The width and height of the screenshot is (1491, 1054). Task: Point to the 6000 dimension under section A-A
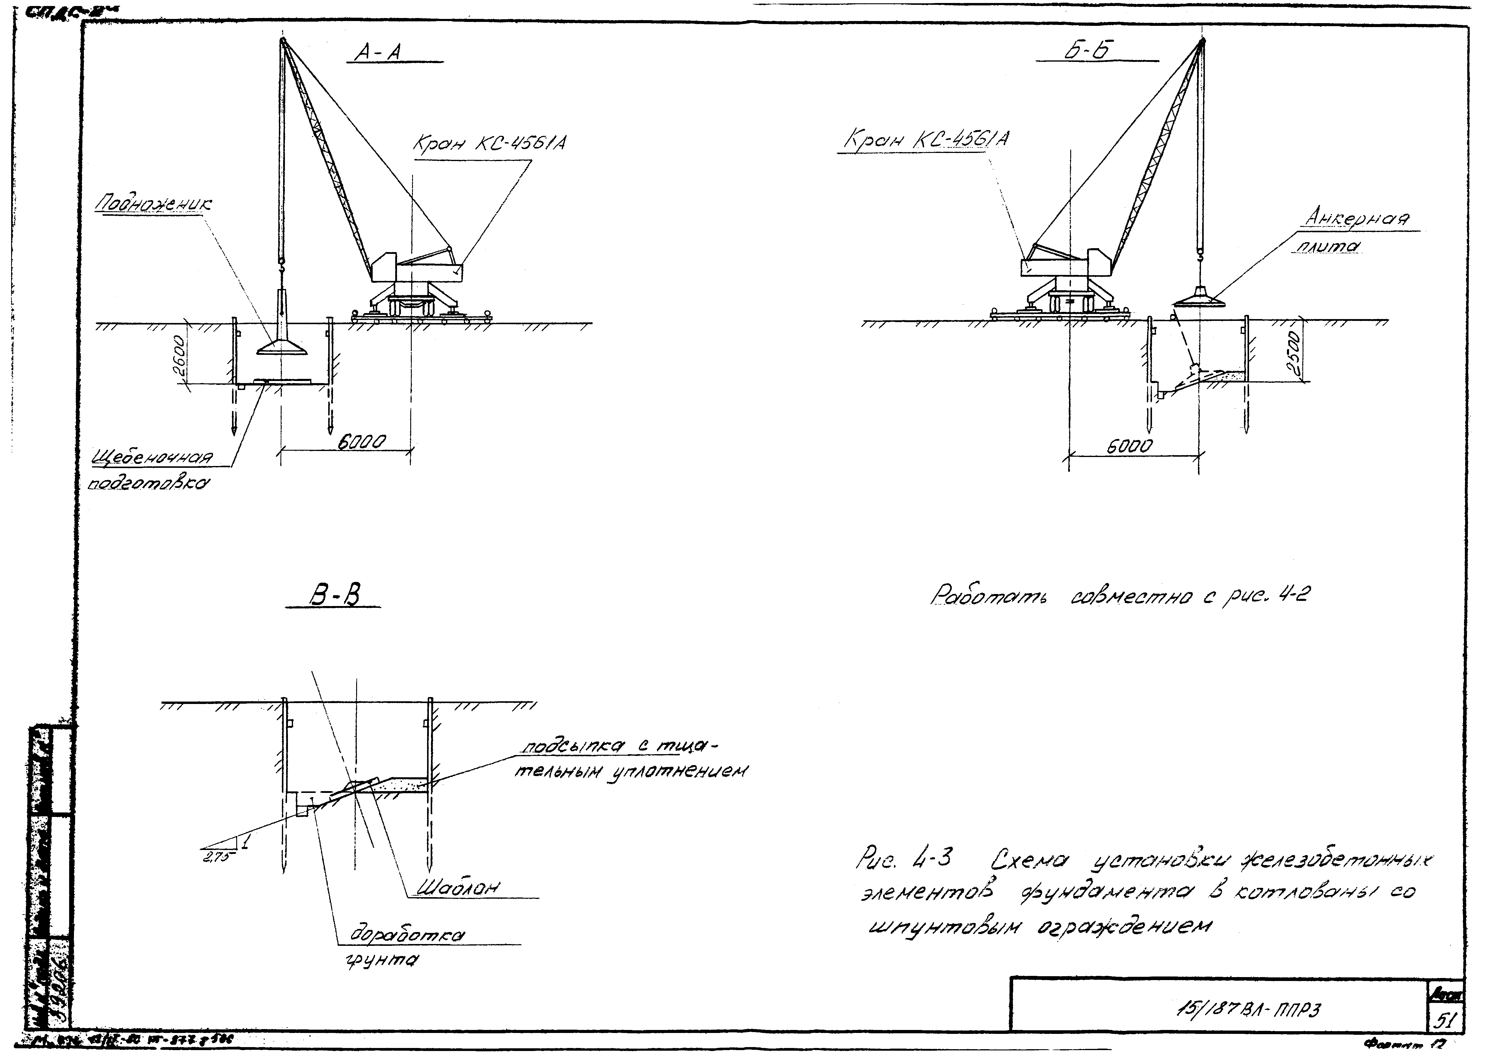[362, 443]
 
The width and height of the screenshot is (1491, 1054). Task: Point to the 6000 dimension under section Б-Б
[1130, 446]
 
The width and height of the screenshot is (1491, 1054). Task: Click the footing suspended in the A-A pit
[282, 337]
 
